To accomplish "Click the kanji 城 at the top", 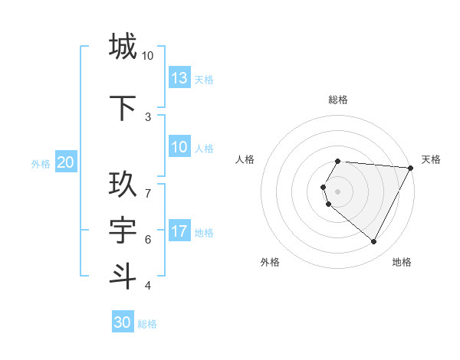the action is tap(123, 46).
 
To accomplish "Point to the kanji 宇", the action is tap(123, 231).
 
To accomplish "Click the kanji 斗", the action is tap(123, 276).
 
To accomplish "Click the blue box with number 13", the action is tap(179, 78).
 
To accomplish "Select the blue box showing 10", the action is tap(179, 147).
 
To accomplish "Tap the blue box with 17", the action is tap(179, 231).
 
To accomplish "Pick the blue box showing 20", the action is tap(66, 162).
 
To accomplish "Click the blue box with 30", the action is tap(123, 322).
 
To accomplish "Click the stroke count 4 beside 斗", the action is tap(148, 286).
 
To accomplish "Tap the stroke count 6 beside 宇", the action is tap(148, 240).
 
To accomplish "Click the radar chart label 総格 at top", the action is tap(338, 100).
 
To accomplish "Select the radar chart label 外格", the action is tap(270, 262).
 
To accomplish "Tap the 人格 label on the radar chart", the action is tap(245, 159).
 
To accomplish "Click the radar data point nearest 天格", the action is tap(411, 168).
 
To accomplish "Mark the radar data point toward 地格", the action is tap(373, 241).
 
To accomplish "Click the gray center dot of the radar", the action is tap(338, 191).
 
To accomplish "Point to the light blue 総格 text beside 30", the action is tap(147, 324).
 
